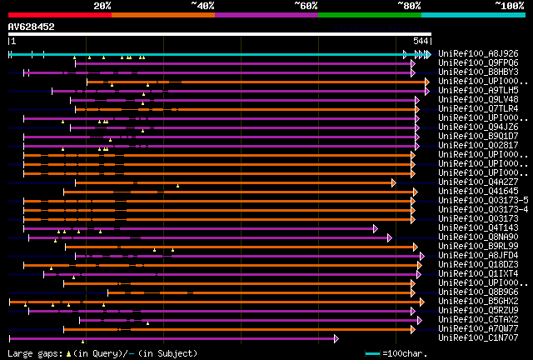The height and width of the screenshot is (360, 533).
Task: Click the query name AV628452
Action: click(x=32, y=27)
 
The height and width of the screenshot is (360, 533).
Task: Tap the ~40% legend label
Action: click(x=202, y=5)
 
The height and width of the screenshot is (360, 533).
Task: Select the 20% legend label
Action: click(x=102, y=5)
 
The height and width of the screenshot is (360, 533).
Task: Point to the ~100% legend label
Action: click(x=510, y=5)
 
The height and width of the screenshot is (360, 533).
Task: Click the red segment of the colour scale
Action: click(x=59, y=14)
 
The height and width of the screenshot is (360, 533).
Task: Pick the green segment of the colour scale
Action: click(x=369, y=14)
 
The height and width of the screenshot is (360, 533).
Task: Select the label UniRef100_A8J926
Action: click(x=478, y=53)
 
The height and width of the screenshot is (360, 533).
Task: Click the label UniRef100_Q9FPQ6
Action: click(x=478, y=62)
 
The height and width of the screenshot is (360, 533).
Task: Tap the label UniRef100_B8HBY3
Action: click(x=478, y=72)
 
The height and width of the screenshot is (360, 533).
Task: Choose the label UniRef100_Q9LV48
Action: click(x=478, y=99)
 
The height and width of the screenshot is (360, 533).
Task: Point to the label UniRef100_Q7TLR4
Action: click(x=478, y=108)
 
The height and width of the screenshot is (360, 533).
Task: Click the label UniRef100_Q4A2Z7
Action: click(x=478, y=182)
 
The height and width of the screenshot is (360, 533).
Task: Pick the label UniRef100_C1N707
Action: click(x=478, y=338)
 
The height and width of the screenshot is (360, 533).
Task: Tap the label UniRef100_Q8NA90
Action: click(x=478, y=237)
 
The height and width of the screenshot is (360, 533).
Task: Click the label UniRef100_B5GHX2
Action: click(x=478, y=301)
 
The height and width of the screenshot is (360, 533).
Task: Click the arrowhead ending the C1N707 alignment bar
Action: click(x=336, y=338)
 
